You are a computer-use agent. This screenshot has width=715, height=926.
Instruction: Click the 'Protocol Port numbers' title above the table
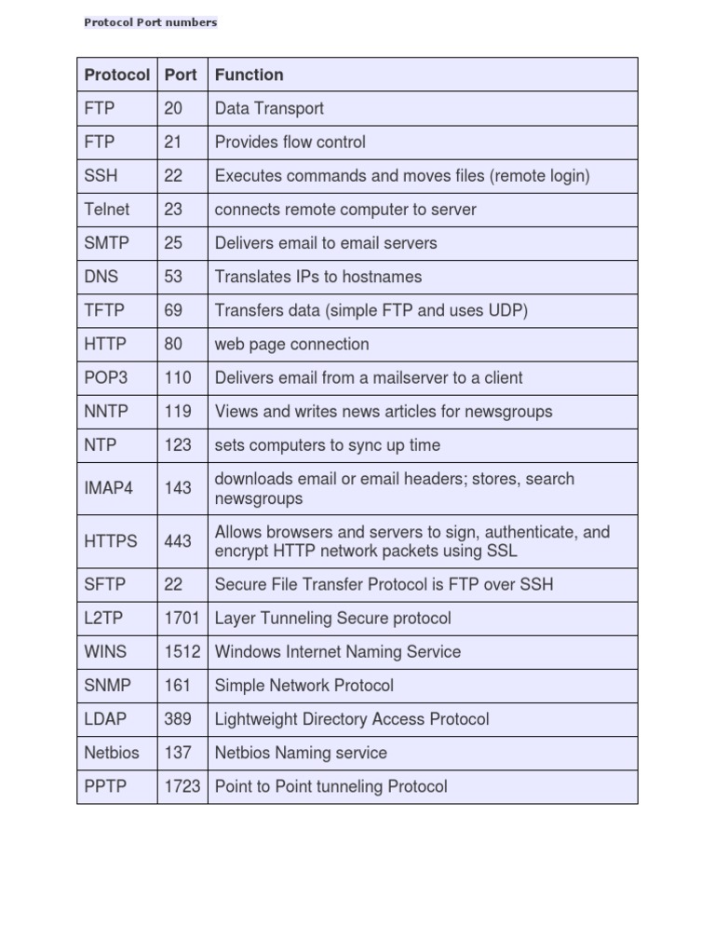tap(151, 22)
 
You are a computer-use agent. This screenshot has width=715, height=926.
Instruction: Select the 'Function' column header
tap(249, 75)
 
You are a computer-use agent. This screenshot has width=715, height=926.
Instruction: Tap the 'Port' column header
tap(181, 75)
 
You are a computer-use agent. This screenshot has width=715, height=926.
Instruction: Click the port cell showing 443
tap(178, 541)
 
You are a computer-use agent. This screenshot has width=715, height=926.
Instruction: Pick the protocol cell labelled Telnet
tap(107, 210)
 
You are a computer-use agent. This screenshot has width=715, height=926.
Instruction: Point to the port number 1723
tap(182, 786)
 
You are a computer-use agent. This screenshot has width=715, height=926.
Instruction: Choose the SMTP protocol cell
tap(107, 243)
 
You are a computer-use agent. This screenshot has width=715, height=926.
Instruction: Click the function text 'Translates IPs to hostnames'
tap(318, 277)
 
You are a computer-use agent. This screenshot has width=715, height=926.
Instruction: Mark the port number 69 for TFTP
tap(173, 310)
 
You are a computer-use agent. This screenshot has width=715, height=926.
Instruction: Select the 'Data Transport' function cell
tap(269, 108)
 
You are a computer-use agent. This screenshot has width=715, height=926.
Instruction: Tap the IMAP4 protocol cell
tap(109, 488)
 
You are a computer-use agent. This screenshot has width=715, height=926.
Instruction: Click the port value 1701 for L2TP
tap(182, 618)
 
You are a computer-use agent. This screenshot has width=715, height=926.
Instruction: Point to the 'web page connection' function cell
tap(291, 344)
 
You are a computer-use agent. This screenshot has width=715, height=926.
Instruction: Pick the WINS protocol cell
tap(105, 651)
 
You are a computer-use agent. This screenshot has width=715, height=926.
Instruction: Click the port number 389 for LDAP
tap(178, 719)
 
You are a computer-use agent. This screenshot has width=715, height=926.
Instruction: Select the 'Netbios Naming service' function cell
tap(301, 753)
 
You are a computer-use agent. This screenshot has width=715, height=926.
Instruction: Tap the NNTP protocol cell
tap(106, 411)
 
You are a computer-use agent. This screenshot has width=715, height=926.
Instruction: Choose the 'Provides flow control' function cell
tap(290, 142)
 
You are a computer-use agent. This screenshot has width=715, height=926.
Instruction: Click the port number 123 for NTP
tap(178, 445)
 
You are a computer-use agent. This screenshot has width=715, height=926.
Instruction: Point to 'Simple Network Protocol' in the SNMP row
tap(304, 686)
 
